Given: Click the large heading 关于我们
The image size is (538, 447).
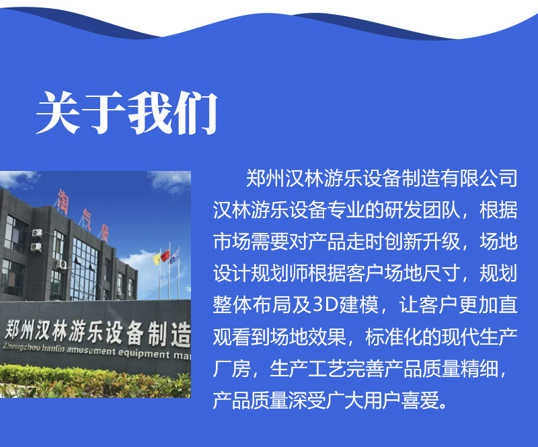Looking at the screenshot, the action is tap(127, 112).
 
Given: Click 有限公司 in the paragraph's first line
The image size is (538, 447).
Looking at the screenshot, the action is tap(479, 178).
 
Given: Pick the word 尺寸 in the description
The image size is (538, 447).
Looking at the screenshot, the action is tap(440, 273).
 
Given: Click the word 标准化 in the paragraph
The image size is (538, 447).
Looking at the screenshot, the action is tap(393, 337).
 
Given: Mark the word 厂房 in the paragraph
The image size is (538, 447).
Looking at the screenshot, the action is tap(231, 368).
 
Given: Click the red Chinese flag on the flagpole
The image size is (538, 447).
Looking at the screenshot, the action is tap(165, 255).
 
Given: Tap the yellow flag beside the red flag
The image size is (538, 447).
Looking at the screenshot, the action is tap(157, 259).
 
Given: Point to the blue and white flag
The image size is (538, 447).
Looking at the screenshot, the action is tap(174, 256).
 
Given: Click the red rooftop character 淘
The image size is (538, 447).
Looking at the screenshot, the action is tap(63, 202).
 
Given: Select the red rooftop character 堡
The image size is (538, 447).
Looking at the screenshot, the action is tap(103, 234).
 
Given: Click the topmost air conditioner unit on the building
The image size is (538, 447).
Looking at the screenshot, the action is tap(37, 233).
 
